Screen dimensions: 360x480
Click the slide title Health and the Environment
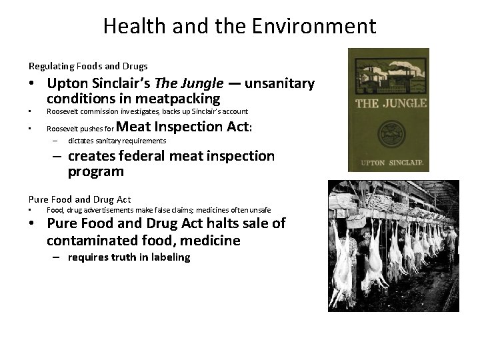[239, 27]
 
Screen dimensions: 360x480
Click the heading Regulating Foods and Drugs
[88, 66]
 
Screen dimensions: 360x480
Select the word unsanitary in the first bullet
[279, 84]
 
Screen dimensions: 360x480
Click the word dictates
[82, 141]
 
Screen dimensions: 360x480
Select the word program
[95, 171]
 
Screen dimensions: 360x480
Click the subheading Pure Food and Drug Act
[79, 199]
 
